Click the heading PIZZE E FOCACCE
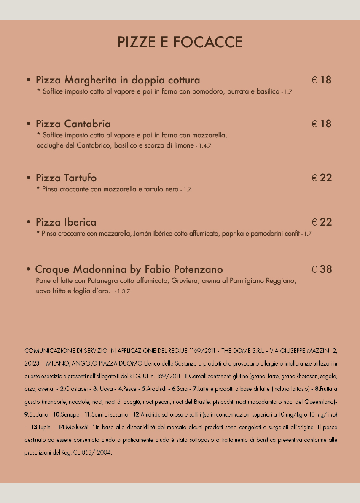[180, 42]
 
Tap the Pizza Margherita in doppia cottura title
[118, 80]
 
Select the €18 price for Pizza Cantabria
[322, 124]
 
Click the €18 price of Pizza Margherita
[322, 80]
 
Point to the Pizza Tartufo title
[66, 178]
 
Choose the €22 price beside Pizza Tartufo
[322, 178]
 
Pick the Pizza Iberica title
[66, 222]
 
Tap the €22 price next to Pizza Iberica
[322, 222]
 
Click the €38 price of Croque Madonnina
[322, 269]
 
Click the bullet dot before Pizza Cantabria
[29, 124]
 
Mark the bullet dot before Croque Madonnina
[28, 269]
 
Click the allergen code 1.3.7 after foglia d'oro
[123, 291]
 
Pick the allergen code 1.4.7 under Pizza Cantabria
[204, 146]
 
